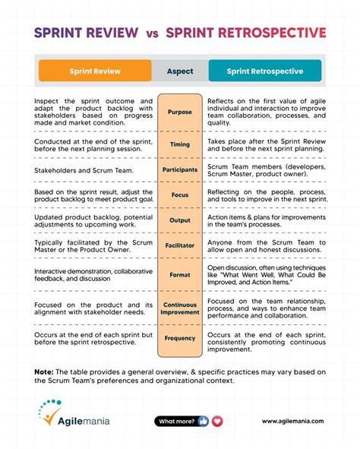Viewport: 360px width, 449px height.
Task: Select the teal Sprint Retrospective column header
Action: [264, 71]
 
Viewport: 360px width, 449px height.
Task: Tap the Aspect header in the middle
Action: [180, 71]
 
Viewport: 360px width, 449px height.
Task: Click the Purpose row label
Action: [180, 112]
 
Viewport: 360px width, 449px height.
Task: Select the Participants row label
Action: [180, 169]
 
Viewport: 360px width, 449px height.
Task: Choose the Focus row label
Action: [180, 194]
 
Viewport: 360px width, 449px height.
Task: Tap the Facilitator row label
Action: [180, 245]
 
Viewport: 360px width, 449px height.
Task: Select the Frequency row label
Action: [180, 338]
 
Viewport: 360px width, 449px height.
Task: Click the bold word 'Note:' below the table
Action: [43, 370]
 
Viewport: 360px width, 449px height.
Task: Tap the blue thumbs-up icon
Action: [203, 421]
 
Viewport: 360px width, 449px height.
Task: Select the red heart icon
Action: [217, 421]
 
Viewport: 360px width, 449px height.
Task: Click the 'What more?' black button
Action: [175, 421]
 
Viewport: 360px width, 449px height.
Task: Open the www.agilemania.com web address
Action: [292, 421]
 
